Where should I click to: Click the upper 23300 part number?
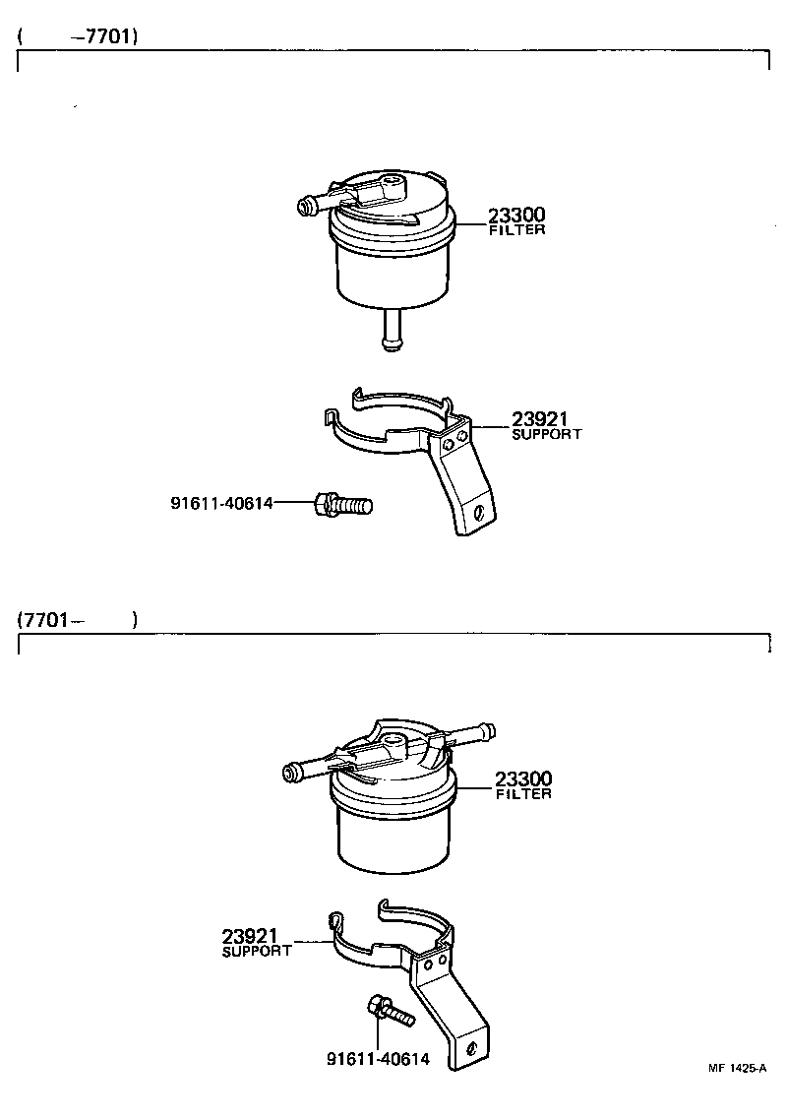[x=516, y=216]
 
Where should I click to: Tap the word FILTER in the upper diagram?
[x=516, y=230]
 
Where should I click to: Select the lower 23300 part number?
[x=523, y=778]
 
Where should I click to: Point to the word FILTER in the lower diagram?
[x=523, y=794]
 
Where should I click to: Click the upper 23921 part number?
[x=540, y=419]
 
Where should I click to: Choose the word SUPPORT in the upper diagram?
[x=547, y=434]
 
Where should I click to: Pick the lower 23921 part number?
[x=251, y=936]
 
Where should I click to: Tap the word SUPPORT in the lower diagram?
[x=257, y=952]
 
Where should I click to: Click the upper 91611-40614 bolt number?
[x=221, y=503]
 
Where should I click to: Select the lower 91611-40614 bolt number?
[x=378, y=1060]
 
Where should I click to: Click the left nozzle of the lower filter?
[x=298, y=771]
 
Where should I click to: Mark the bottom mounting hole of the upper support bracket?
[x=478, y=513]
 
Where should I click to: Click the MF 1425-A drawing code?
[x=736, y=1068]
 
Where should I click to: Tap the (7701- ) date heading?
[x=77, y=620]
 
